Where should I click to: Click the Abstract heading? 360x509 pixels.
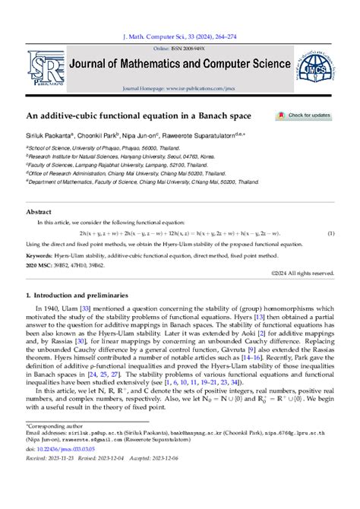click(x=39, y=212)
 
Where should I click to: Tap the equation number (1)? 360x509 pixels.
click(x=330, y=233)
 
